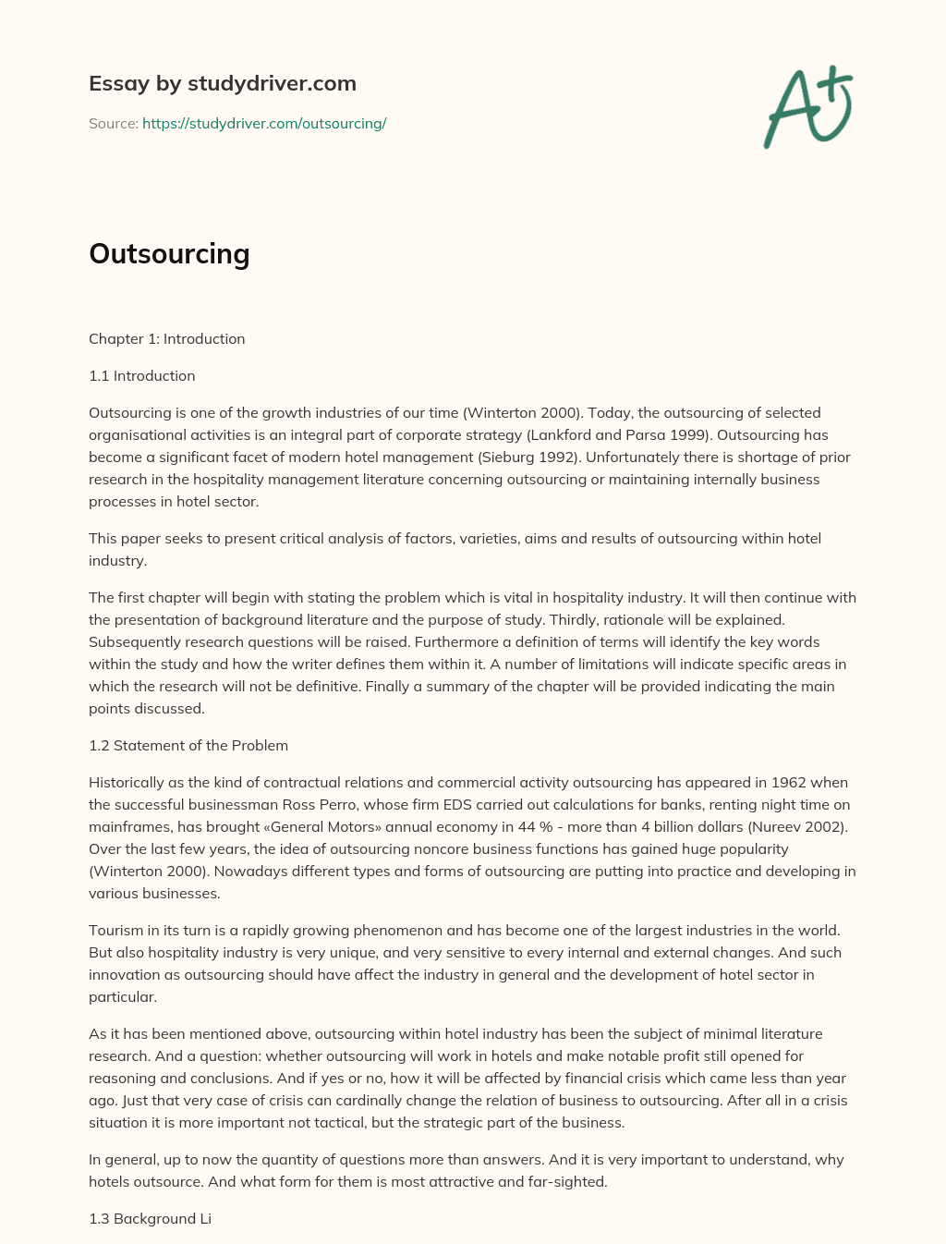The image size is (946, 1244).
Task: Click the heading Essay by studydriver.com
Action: (222, 83)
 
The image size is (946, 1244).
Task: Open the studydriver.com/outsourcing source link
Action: (264, 123)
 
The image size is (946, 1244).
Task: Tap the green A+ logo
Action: (807, 107)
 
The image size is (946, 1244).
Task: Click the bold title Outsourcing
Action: (169, 254)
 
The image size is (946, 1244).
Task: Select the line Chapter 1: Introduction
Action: (166, 338)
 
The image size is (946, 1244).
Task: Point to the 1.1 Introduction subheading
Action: (141, 375)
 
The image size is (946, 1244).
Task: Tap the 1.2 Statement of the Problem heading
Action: (188, 745)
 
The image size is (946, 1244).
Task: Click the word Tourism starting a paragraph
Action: (117, 930)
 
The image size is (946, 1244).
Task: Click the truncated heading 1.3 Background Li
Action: (150, 1218)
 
